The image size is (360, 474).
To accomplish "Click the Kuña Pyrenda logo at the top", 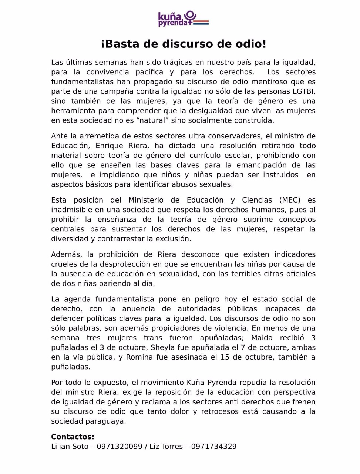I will [x=183, y=19].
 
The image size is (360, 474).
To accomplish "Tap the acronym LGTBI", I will [x=304, y=91].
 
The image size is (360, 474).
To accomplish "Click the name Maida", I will [x=262, y=338].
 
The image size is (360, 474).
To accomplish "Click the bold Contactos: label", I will [x=73, y=437].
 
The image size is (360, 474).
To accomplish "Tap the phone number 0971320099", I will [x=120, y=447].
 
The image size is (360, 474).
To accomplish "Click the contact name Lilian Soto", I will [x=70, y=447].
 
